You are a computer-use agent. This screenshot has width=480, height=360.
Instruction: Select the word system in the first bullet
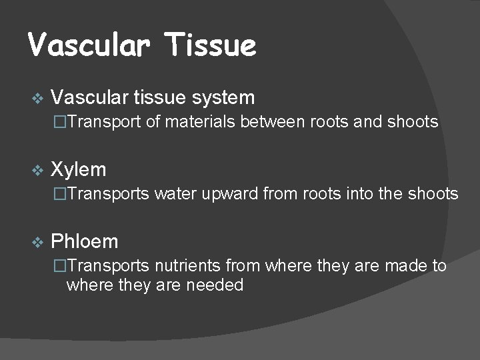click(223, 98)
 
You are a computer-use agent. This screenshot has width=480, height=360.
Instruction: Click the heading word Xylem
click(79, 169)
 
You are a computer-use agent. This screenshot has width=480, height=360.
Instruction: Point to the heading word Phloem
click(85, 241)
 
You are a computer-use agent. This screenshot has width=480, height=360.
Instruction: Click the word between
click(273, 122)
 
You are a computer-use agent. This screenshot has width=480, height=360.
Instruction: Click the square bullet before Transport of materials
click(60, 122)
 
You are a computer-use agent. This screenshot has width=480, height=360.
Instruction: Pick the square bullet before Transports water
click(60, 194)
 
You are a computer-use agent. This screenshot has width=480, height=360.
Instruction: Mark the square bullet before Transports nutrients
click(60, 266)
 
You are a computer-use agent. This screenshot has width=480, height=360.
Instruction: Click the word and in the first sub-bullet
click(363, 122)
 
